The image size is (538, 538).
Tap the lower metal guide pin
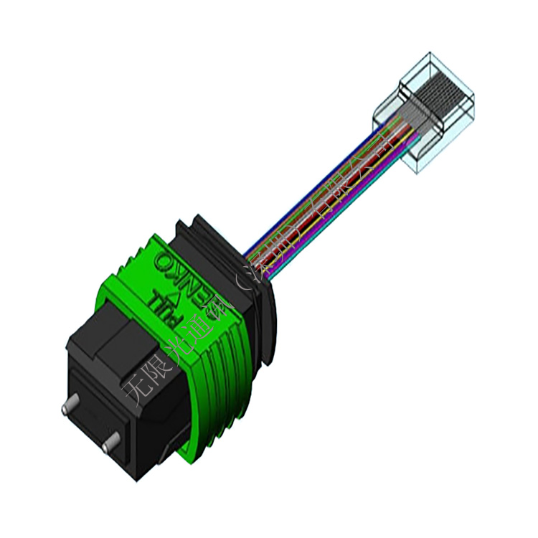[108, 446]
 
